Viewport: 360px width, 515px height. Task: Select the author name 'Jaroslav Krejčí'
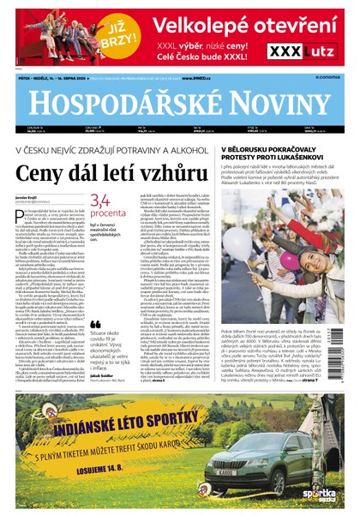29,196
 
